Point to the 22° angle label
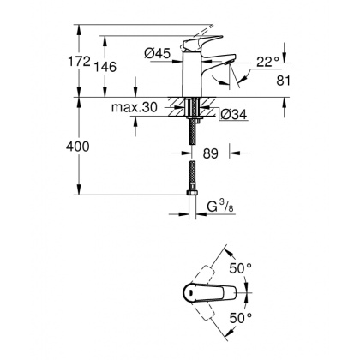[x=267, y=63]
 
